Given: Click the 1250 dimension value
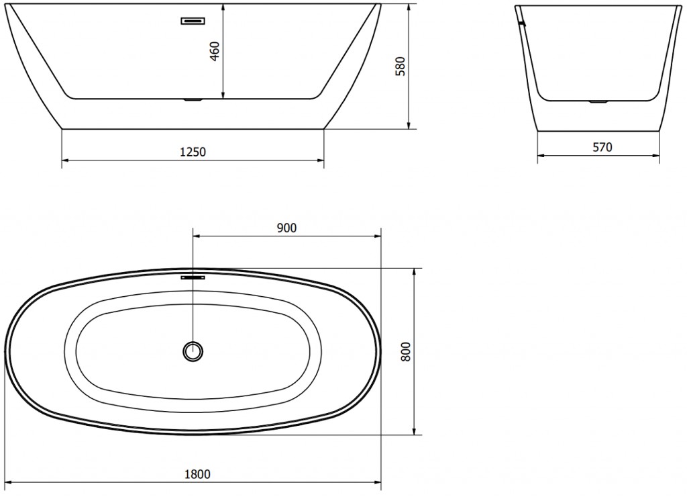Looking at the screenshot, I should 193,152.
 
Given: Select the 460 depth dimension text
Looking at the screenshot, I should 215,50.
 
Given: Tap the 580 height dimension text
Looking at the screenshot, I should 401,66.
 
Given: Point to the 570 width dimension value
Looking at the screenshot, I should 602,147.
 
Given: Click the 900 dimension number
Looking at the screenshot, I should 286,228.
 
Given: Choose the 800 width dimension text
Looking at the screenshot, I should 405,351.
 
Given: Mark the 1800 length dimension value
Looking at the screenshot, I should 197,474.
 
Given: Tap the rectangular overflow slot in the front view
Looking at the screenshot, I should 193,21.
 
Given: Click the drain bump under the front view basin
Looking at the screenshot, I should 193,101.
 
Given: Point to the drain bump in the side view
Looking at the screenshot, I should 597,102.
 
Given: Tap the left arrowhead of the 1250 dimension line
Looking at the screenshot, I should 65,161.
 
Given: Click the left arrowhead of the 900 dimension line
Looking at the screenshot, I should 197,236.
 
